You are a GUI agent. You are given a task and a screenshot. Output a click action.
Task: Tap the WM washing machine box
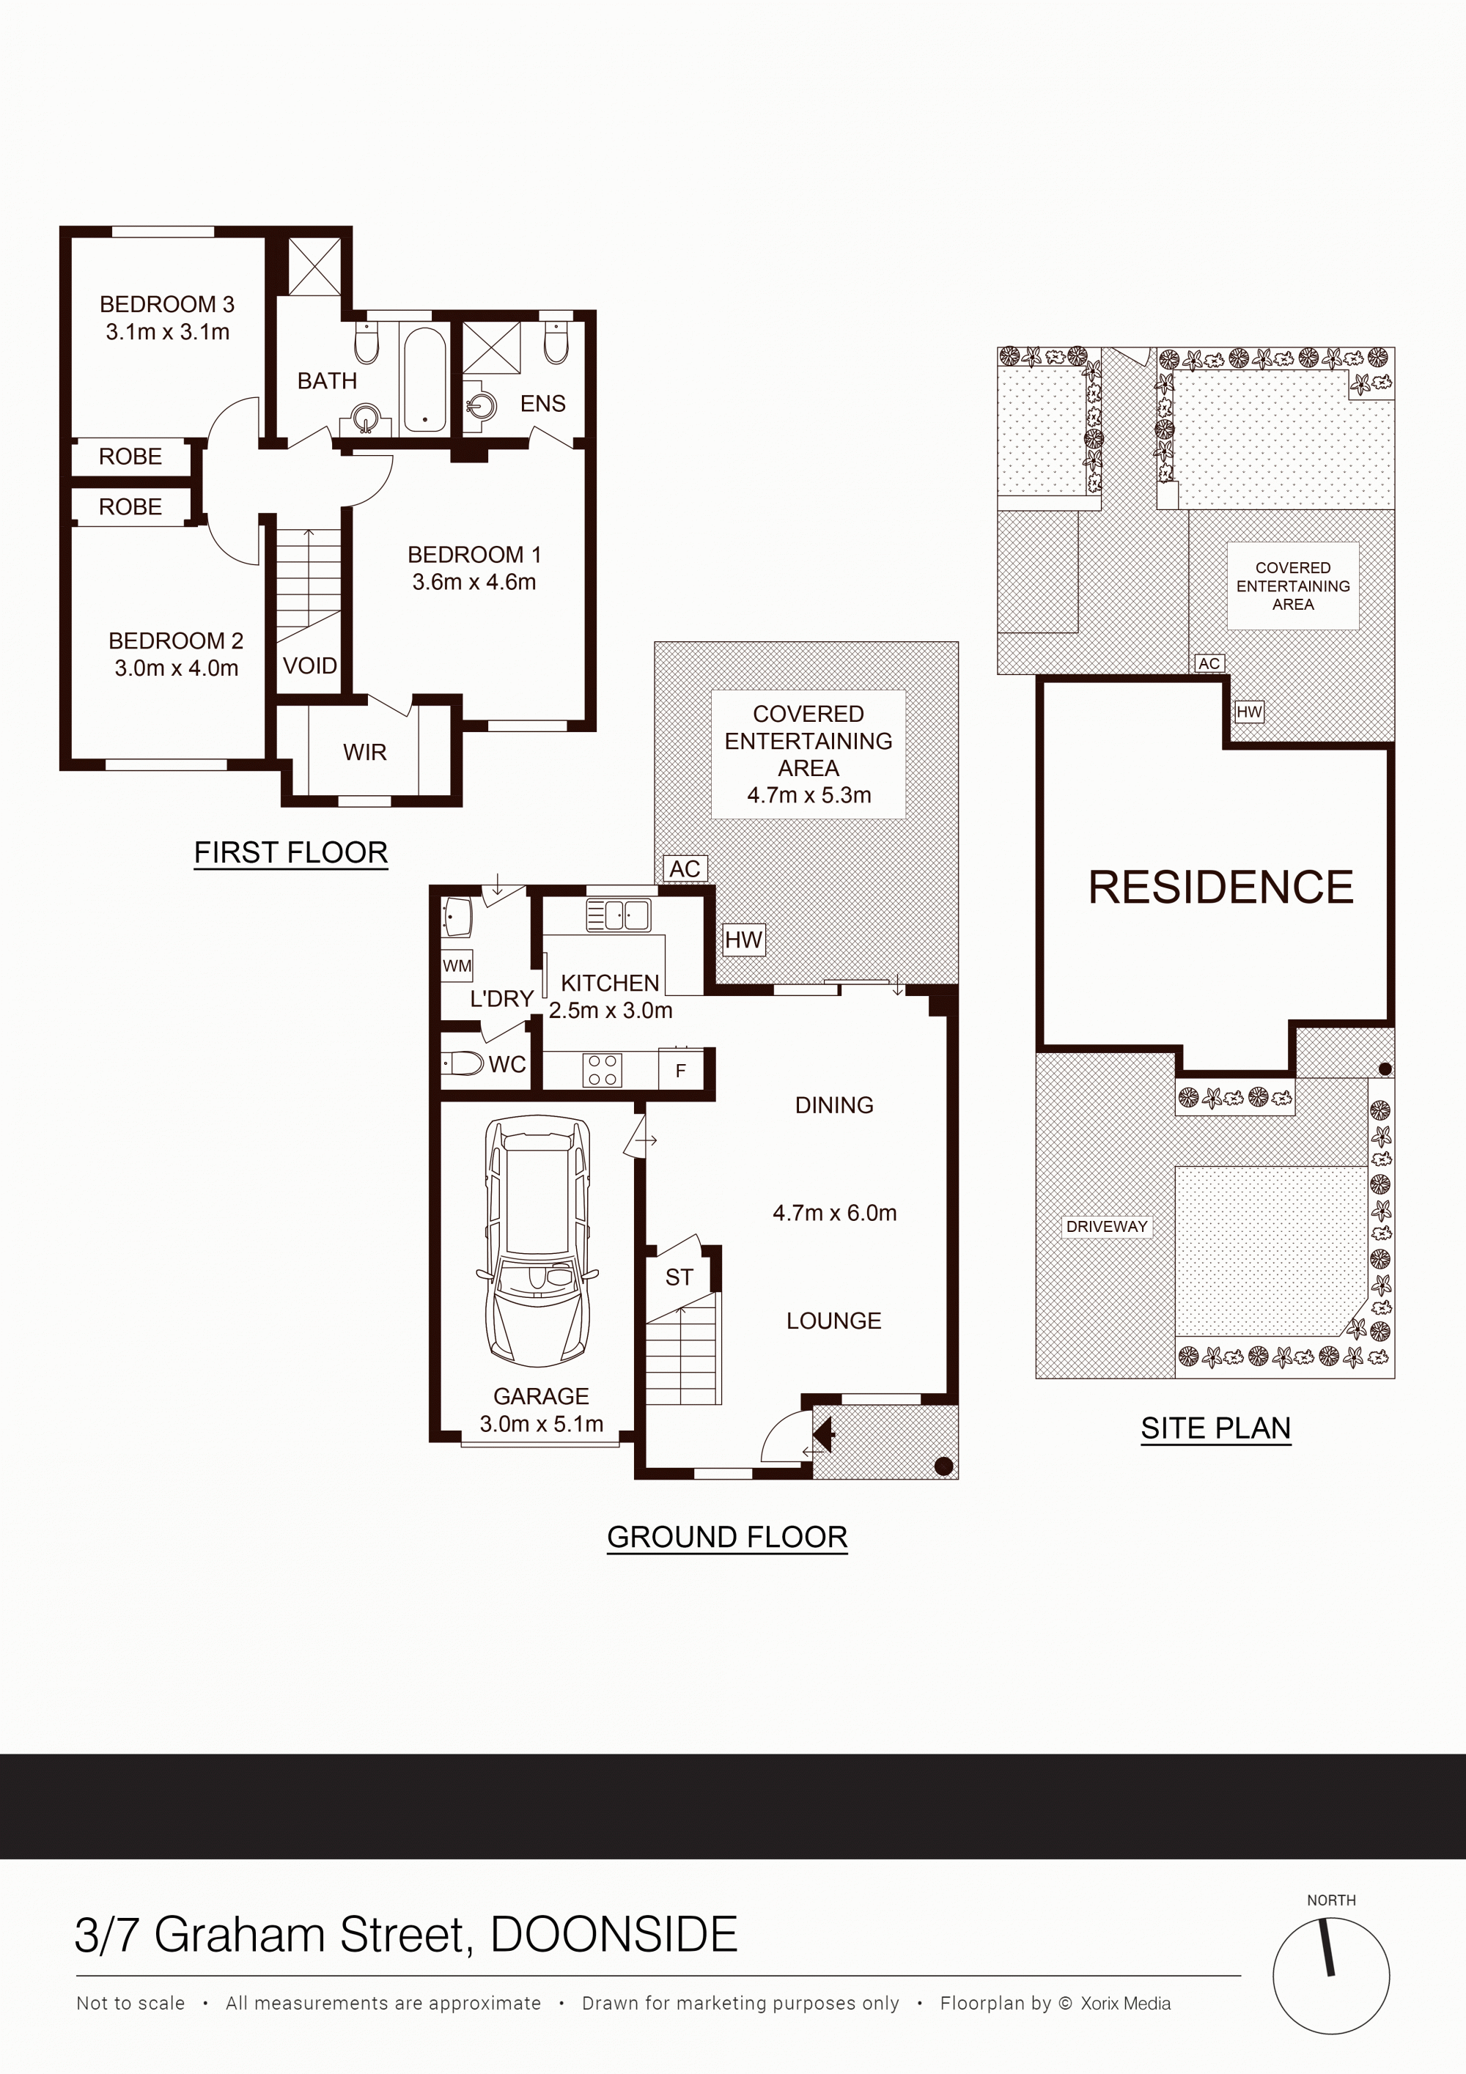tap(457, 966)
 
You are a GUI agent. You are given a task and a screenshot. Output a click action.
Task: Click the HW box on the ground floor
tap(743, 940)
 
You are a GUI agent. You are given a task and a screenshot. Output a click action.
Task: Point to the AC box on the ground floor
tap(685, 869)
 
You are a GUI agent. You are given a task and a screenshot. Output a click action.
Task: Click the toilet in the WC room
tap(463, 1063)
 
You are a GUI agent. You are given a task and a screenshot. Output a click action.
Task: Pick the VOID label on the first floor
tap(310, 665)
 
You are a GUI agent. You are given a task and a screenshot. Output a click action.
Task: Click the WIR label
tap(365, 753)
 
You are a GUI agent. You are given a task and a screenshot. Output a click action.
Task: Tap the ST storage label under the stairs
tap(679, 1277)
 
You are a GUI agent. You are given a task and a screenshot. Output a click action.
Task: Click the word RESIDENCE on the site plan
tap(1220, 887)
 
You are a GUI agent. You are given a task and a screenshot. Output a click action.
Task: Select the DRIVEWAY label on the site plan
tap(1107, 1227)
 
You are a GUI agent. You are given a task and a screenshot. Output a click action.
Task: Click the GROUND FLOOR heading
tap(727, 1538)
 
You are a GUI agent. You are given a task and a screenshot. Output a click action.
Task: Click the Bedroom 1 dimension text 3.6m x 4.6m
tap(474, 583)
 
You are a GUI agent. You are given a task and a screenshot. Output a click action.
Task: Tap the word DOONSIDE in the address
tap(614, 1935)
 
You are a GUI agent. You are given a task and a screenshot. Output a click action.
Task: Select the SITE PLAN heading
tap(1216, 1428)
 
